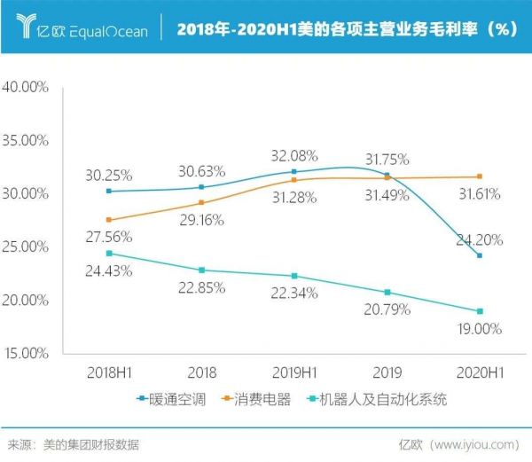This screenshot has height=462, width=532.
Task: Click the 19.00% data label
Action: click(x=480, y=328)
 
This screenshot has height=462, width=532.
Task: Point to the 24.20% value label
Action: click(x=480, y=239)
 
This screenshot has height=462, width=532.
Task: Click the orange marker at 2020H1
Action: click(x=480, y=176)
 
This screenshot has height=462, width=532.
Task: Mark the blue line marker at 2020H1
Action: click(x=480, y=255)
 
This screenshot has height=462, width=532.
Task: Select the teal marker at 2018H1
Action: click(x=108, y=253)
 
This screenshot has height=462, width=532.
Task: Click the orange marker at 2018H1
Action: click(x=108, y=220)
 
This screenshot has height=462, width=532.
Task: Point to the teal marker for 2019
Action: click(x=387, y=292)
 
